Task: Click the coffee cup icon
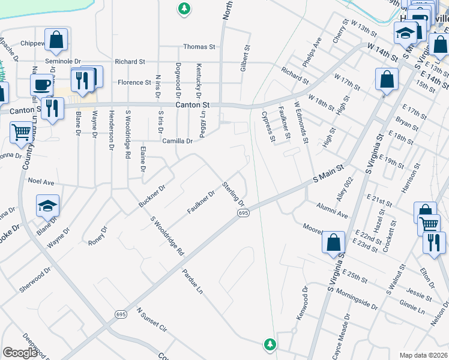point(41,84)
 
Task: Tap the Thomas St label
point(199,47)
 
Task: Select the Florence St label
point(134,83)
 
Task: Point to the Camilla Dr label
point(177,142)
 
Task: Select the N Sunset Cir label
point(151,320)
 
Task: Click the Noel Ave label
point(41,181)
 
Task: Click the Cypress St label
point(268,125)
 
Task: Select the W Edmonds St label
point(301,122)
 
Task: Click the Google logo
point(20,353)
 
